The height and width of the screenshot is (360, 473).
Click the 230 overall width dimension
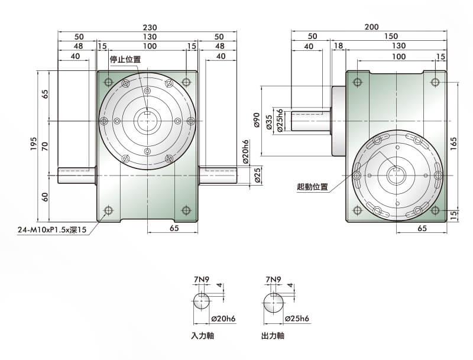[150, 27]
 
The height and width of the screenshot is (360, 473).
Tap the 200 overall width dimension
[372, 27]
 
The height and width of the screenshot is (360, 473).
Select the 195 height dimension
[34, 144]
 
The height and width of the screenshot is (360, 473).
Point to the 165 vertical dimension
[453, 144]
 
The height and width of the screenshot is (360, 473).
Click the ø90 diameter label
[257, 120]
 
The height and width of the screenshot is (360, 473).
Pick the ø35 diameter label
[270, 122]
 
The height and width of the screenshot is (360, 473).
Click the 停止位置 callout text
[125, 59]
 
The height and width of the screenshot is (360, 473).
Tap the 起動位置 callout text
[313, 187]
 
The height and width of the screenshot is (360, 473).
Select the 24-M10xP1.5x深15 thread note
[52, 230]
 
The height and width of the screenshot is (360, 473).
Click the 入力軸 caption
[203, 336]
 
